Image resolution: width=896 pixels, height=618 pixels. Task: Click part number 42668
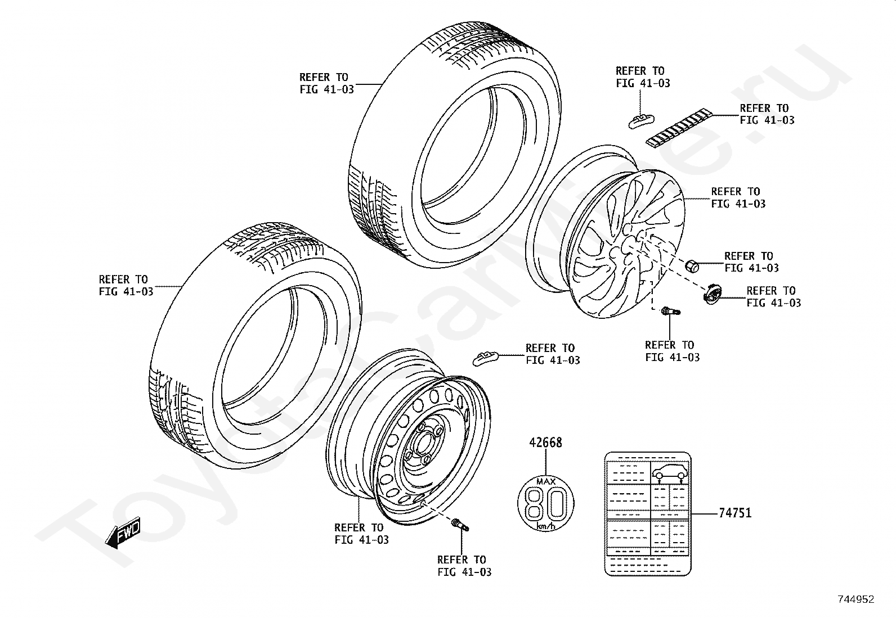(x=545, y=443)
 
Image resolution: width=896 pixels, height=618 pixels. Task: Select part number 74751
(x=735, y=513)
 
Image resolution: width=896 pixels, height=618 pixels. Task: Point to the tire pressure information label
(x=647, y=513)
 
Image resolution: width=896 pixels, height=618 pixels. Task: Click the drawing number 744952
(x=855, y=599)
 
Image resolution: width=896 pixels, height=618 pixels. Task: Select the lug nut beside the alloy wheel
(x=692, y=265)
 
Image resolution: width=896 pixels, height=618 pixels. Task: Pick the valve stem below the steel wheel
(x=461, y=526)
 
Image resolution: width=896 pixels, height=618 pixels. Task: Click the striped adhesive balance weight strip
(x=678, y=128)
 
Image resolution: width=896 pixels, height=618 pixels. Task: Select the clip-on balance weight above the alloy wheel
(x=640, y=120)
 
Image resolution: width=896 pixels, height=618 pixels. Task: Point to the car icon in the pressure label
(x=669, y=474)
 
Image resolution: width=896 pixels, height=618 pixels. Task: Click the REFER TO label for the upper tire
(x=326, y=83)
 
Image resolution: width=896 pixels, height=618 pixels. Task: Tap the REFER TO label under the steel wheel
(x=361, y=534)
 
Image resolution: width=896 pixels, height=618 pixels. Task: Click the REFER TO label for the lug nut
(x=751, y=262)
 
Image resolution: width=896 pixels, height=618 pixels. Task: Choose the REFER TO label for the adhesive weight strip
(x=767, y=114)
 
